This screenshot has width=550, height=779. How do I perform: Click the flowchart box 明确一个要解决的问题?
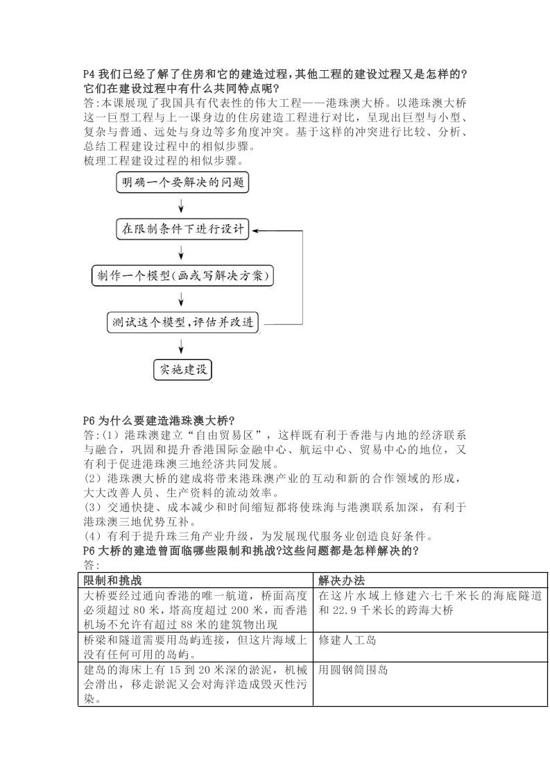pyautogui.click(x=181, y=183)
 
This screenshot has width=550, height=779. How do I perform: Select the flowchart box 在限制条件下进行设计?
pyautogui.click(x=183, y=230)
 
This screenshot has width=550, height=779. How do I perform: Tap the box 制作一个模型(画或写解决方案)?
pyautogui.click(x=182, y=276)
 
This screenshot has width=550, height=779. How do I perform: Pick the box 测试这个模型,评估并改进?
pyautogui.click(x=183, y=323)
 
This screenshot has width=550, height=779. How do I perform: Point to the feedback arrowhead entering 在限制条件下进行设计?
pyautogui.click(x=256, y=230)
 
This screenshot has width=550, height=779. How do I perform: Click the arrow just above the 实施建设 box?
pyautogui.click(x=182, y=346)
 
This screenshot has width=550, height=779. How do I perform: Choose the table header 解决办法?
pyautogui.click(x=341, y=580)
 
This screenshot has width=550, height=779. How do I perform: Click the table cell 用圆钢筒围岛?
pyautogui.click(x=353, y=671)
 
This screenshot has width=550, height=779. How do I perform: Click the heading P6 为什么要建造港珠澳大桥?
pyautogui.click(x=159, y=421)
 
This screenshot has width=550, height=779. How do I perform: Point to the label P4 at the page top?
pyautogui.click(x=89, y=74)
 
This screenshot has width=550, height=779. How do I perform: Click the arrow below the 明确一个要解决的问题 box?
pyautogui.click(x=182, y=206)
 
